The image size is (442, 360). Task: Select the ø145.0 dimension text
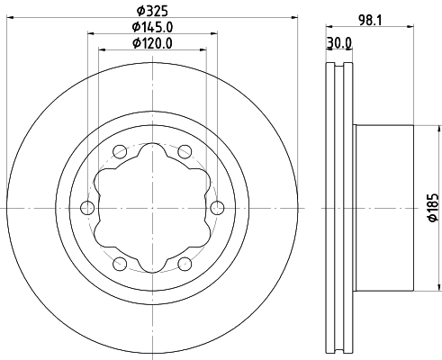151,27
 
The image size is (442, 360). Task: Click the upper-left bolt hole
120,152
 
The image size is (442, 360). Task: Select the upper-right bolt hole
184,152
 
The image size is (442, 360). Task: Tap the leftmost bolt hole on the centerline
87,208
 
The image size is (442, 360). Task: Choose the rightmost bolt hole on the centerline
216,208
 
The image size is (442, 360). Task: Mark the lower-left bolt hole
120,264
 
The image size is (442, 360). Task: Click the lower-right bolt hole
184,264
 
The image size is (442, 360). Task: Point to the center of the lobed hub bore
151,208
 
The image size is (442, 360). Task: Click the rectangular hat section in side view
383,208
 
